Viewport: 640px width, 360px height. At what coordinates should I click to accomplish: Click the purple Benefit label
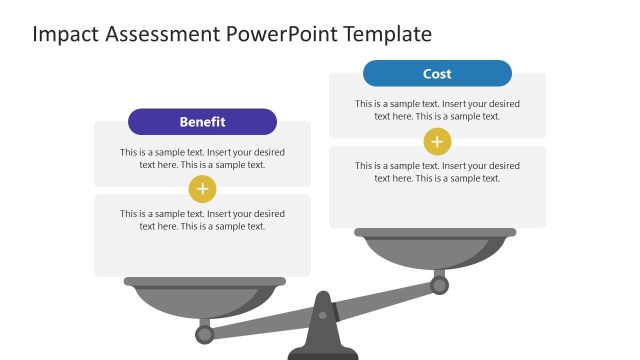point(202,122)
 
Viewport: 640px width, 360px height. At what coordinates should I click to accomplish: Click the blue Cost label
point(437,74)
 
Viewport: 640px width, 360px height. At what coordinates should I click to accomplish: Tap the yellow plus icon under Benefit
point(203,188)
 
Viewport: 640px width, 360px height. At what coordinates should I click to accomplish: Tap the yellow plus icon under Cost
point(437,141)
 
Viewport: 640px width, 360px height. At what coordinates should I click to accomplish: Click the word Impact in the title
point(62,34)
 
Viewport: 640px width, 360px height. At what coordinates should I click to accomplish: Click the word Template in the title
point(387,34)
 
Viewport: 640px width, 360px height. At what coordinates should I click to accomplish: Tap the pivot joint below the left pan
point(204,333)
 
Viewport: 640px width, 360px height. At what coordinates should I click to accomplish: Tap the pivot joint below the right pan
point(438,285)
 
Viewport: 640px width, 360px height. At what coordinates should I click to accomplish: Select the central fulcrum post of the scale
point(322,325)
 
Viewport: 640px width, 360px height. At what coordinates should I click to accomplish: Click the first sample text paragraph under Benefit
point(202,159)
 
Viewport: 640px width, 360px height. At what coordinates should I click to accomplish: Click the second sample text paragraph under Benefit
point(202,220)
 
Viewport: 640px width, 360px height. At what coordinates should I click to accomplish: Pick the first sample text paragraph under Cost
point(437,110)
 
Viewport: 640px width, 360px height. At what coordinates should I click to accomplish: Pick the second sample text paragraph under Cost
point(437,172)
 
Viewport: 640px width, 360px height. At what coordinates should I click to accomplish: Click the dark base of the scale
point(322,353)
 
